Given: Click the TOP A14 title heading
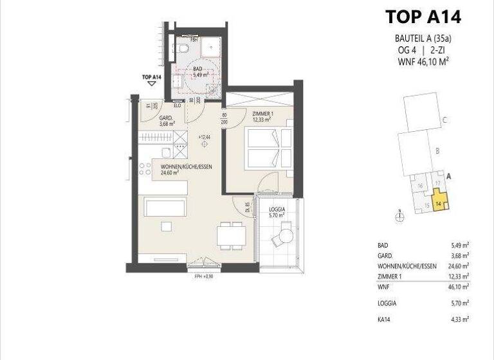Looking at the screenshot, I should tap(423, 16).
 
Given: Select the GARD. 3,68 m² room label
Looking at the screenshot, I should tap(167, 120).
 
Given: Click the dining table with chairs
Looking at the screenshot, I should tap(230, 234).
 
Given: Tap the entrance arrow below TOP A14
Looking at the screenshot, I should tap(152, 83).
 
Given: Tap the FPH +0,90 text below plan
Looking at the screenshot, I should tap(203, 276).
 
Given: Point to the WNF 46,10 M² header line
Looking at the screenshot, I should tap(423, 62).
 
